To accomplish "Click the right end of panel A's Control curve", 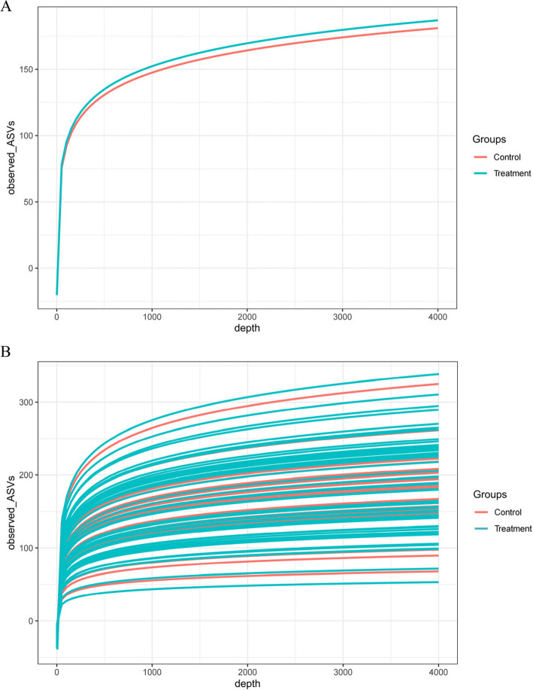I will click(x=438, y=29).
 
